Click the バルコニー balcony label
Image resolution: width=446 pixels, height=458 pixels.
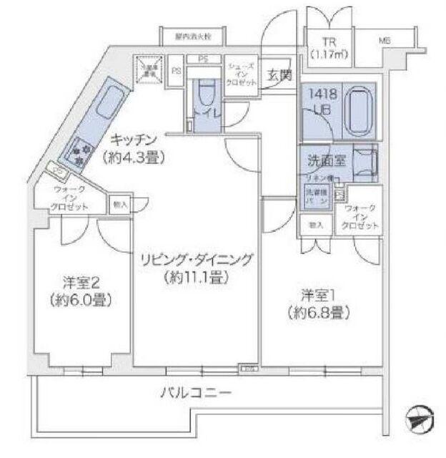point(195,393)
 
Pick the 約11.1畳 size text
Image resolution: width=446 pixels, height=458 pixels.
point(194,278)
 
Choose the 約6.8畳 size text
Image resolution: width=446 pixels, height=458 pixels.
point(319,312)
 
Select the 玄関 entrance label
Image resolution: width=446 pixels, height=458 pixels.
point(278,74)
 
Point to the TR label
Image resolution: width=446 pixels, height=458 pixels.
point(328,42)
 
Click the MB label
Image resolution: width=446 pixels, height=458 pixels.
point(385,42)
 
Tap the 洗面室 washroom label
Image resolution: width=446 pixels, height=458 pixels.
point(323,161)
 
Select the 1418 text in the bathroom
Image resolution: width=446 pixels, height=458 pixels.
point(320,94)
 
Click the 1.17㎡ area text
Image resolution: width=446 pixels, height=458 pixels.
point(328,54)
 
